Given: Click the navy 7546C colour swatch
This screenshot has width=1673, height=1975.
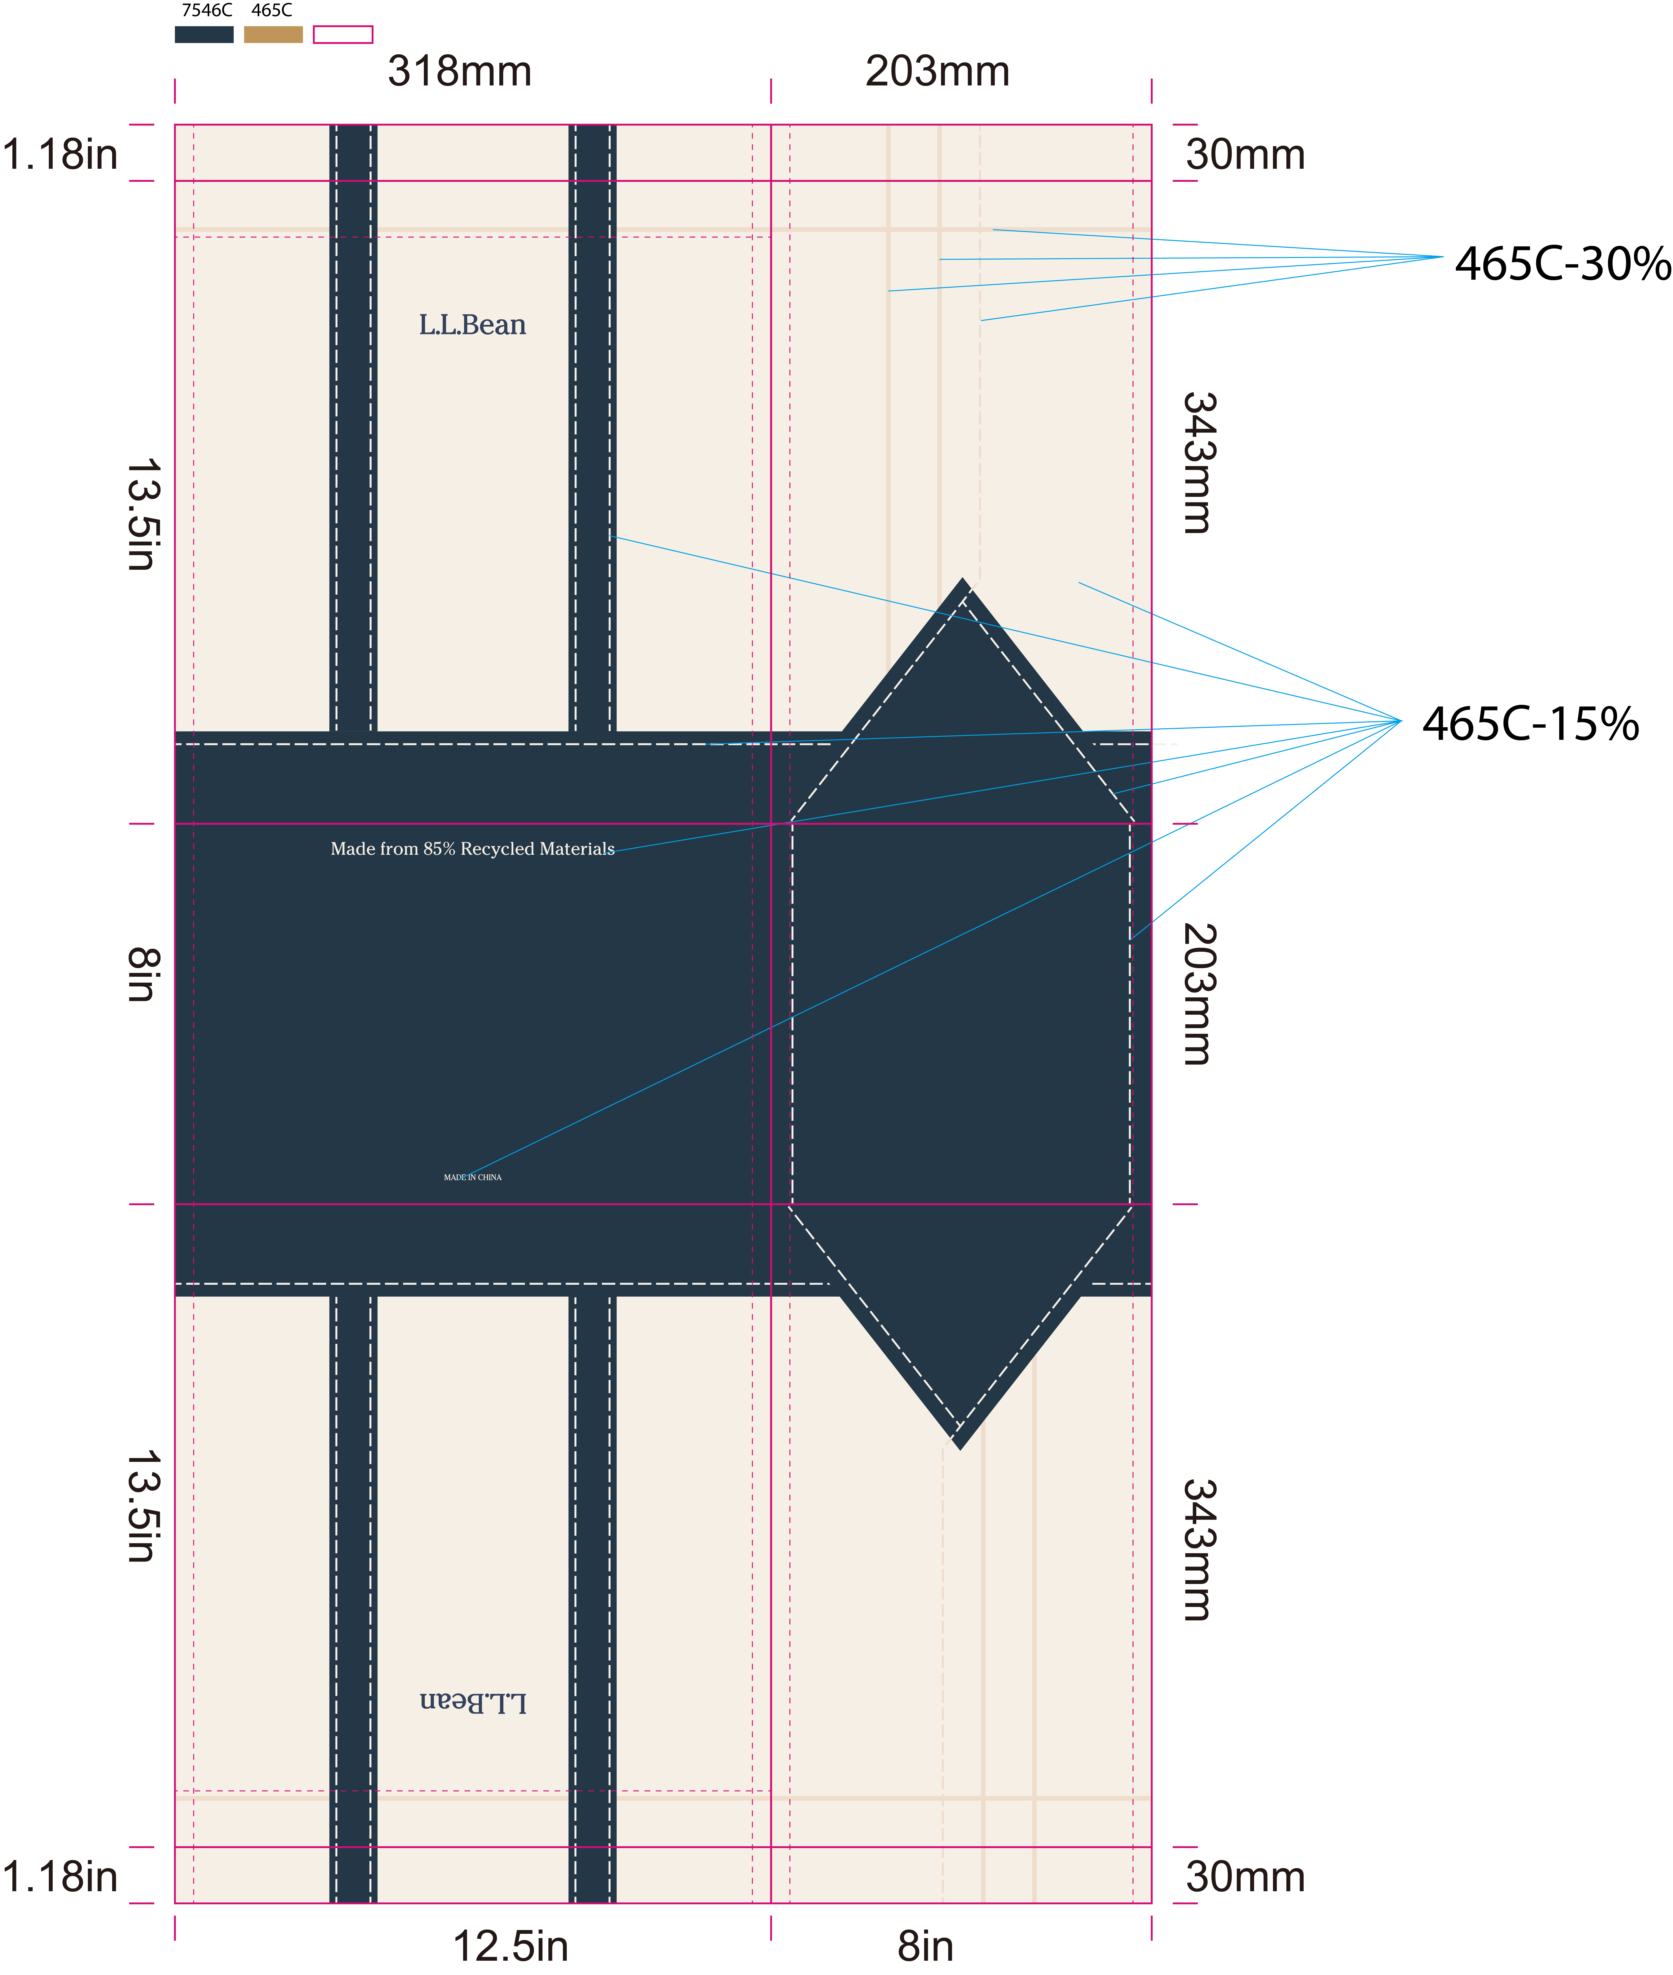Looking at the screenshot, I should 204,34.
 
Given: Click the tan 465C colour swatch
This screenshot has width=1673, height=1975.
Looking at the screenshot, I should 273,34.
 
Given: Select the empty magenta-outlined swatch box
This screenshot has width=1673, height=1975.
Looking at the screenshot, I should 342,34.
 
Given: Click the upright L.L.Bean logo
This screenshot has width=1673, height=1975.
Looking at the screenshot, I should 472,325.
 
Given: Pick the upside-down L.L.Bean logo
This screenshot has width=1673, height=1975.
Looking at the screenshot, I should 472,1702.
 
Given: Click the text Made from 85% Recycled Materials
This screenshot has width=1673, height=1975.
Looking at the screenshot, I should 472,849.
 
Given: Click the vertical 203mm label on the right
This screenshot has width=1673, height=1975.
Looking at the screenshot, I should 1197,994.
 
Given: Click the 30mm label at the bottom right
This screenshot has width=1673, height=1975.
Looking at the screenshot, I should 1244,1876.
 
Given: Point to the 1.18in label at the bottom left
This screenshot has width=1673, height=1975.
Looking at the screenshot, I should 60,1876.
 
